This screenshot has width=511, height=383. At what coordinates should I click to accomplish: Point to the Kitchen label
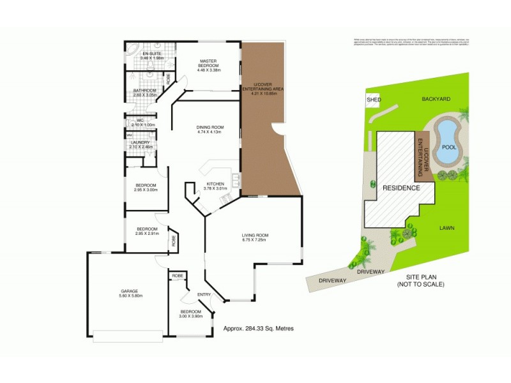coord(215,186)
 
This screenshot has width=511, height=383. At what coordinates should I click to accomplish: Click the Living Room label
coord(254,238)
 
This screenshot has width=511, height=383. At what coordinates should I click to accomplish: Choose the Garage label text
coord(130,293)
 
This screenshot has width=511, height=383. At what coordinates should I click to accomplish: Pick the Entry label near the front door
coord(204,294)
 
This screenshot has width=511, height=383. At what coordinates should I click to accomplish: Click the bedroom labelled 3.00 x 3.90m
coord(190,313)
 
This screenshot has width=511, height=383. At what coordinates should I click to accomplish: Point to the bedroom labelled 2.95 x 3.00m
coord(146,187)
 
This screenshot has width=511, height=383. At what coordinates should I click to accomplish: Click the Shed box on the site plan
coord(372,100)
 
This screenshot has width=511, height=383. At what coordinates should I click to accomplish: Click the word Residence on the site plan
coord(401,188)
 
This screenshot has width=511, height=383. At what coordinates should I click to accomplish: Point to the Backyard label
coord(436,100)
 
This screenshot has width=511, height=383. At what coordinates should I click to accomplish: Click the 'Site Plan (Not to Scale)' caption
coord(425,280)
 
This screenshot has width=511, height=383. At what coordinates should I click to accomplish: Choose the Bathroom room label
coord(145,93)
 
